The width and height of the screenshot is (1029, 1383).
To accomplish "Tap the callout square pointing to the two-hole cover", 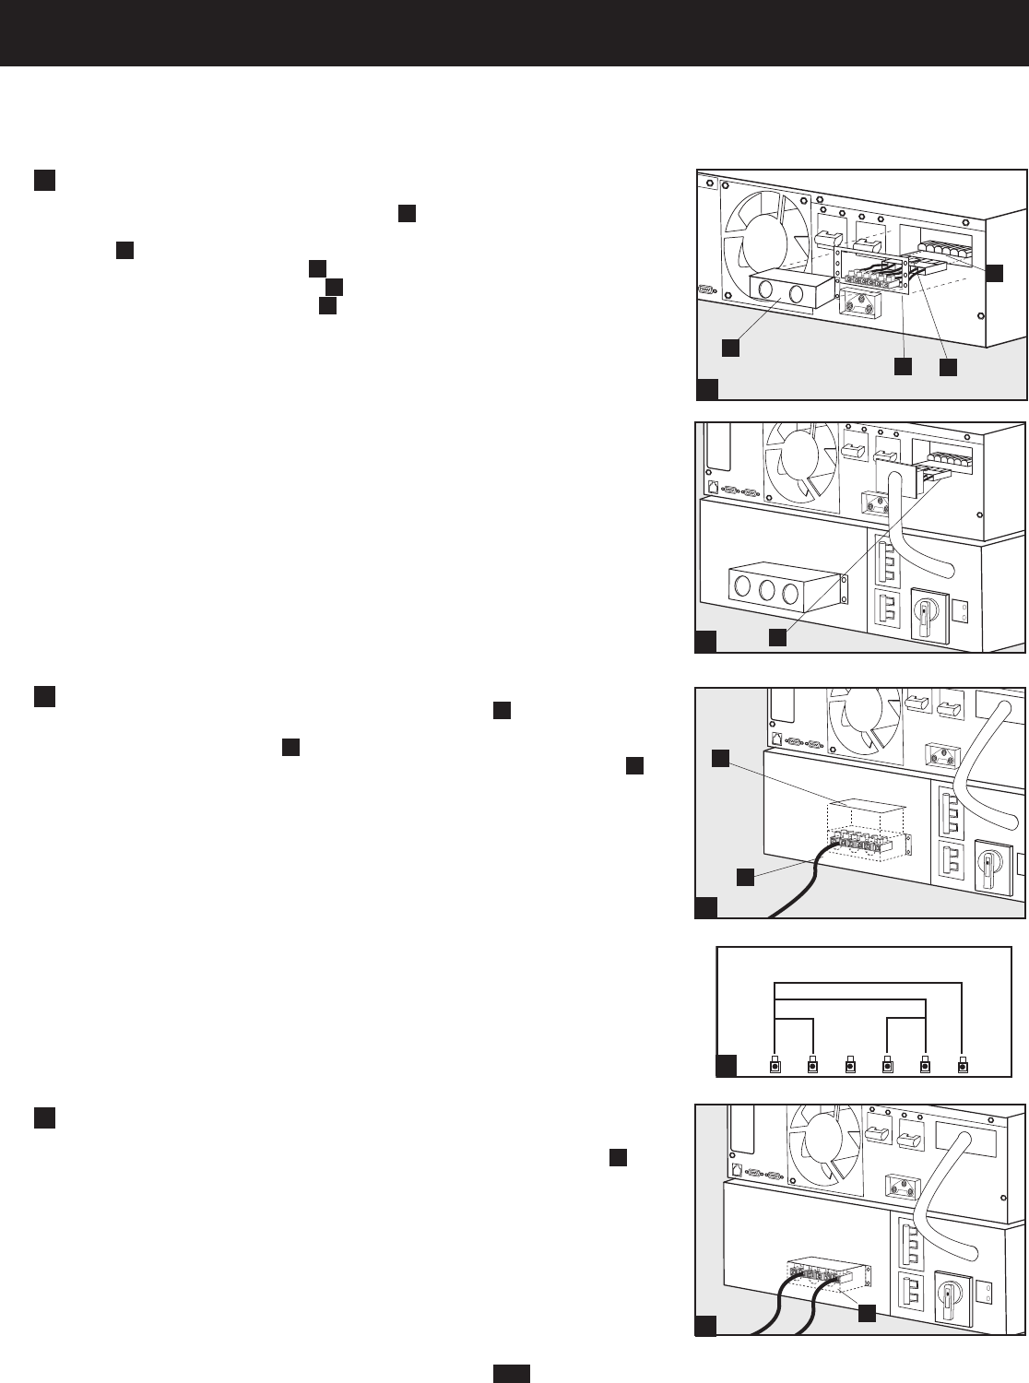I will point(729,347).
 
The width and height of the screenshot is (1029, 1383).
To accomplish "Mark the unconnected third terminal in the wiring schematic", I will point(850,1067).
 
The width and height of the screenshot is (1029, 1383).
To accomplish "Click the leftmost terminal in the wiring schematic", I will point(775,1067).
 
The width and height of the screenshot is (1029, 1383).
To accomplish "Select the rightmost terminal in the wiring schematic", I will point(964,1067).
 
